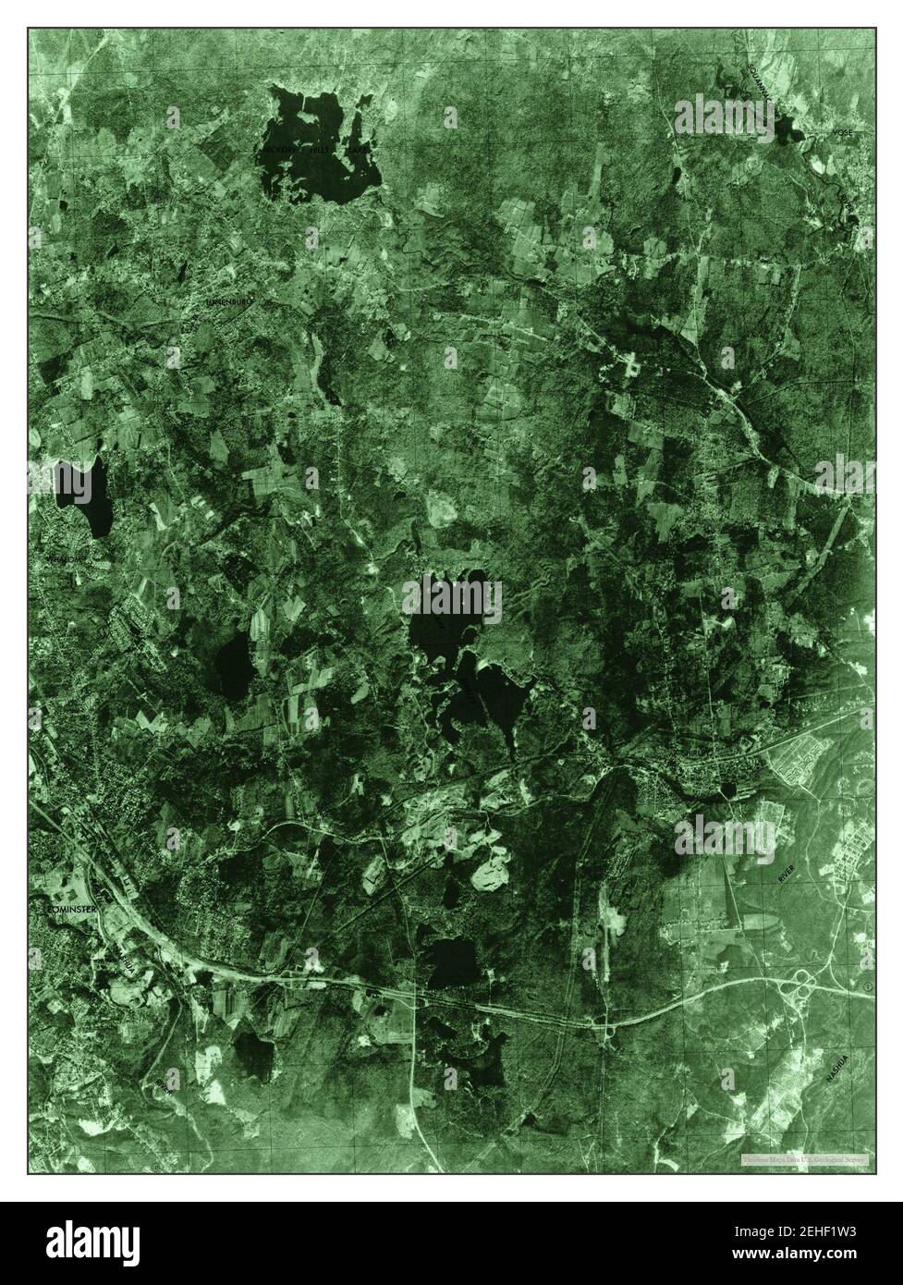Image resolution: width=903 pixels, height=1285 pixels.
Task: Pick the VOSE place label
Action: (842, 133)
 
